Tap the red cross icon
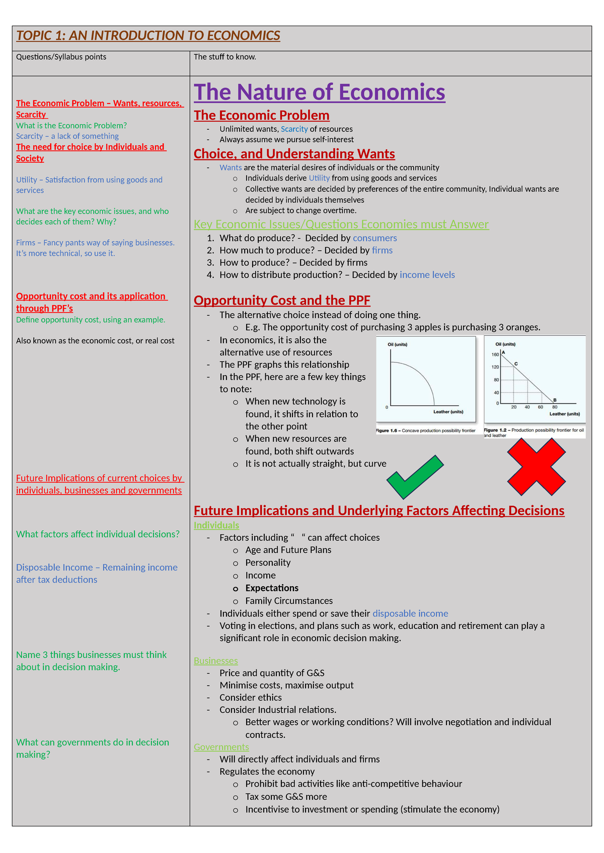point(536,467)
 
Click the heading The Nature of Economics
point(319,92)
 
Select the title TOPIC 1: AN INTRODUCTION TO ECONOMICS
point(148,36)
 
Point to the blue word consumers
point(374,238)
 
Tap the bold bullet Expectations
point(272,588)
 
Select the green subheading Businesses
point(215,661)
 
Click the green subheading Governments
point(221,747)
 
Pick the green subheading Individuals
point(216,525)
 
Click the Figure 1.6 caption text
point(425,431)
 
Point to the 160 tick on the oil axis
point(495,355)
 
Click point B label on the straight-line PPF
point(555,400)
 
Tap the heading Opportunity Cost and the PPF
point(282,301)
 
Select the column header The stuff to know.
point(225,57)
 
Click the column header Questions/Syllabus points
point(61,57)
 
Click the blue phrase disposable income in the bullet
point(410,614)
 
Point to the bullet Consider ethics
point(250,698)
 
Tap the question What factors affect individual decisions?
point(98,534)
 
